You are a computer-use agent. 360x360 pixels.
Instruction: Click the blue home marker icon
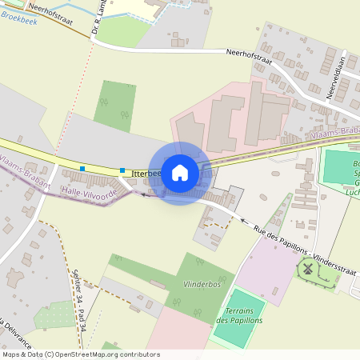point(180,173)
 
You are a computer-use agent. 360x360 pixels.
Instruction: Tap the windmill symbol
point(304,270)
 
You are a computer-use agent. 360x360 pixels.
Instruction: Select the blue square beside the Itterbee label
point(122,170)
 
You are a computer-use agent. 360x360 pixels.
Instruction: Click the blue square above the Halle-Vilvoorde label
point(83,168)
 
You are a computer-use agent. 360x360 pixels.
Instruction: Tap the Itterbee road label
point(146,173)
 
